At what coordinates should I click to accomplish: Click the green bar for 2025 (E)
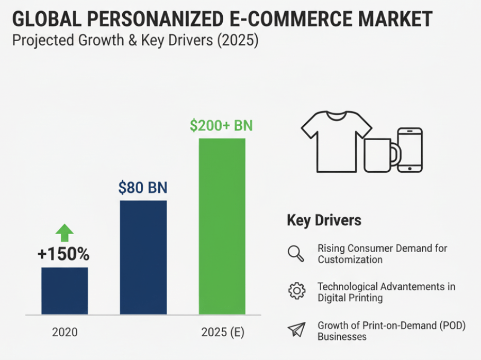click(x=222, y=226)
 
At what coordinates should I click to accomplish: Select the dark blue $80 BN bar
click(x=143, y=257)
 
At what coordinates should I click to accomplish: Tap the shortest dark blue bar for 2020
click(x=65, y=291)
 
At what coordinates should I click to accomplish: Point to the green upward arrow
click(x=65, y=233)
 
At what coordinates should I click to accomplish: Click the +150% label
click(x=63, y=254)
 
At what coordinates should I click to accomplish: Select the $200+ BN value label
click(x=221, y=126)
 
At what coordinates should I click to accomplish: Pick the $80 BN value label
click(x=143, y=188)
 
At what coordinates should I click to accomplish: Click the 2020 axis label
click(x=65, y=333)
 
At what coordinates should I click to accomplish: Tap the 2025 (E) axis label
click(x=223, y=333)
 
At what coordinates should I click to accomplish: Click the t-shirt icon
click(x=337, y=141)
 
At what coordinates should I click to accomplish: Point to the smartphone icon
click(x=410, y=150)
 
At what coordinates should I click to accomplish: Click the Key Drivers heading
click(x=324, y=220)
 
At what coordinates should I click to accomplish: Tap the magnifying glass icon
click(x=296, y=254)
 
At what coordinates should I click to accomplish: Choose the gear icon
click(x=296, y=291)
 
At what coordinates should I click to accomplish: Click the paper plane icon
click(x=296, y=330)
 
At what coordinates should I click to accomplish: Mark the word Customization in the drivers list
click(x=350, y=260)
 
